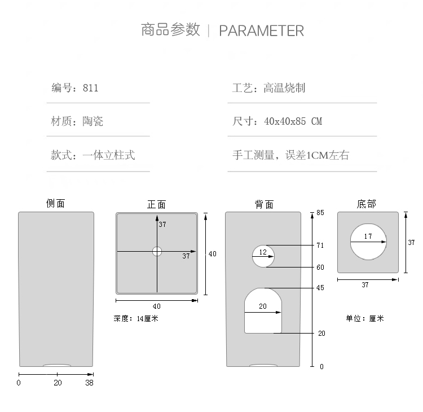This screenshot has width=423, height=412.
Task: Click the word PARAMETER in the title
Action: click(261, 30)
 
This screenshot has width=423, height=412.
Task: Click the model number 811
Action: click(90, 88)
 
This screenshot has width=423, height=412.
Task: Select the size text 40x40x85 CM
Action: click(293, 121)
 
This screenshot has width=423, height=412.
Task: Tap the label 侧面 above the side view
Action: click(56, 203)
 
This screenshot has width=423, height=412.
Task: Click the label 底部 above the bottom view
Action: click(366, 204)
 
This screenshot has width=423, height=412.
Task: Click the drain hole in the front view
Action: click(157, 252)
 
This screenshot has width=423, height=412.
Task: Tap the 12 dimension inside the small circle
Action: click(263, 253)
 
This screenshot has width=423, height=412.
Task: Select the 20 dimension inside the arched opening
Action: click(262, 306)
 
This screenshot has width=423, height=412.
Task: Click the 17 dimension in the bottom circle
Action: click(368, 236)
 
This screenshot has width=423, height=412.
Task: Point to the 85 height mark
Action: click(320, 213)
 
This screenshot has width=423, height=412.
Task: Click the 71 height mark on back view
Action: click(320, 246)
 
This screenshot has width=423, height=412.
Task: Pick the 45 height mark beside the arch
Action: click(320, 288)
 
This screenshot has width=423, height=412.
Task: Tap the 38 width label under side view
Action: click(89, 383)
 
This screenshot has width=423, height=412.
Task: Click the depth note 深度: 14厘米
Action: click(136, 319)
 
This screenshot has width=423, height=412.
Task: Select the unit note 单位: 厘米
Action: click(364, 319)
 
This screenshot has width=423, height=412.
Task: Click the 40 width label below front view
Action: click(156, 306)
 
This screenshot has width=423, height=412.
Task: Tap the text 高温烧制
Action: click(284, 88)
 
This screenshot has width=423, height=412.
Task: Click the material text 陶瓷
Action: click(92, 121)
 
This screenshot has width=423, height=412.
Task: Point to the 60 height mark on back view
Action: click(320, 268)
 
